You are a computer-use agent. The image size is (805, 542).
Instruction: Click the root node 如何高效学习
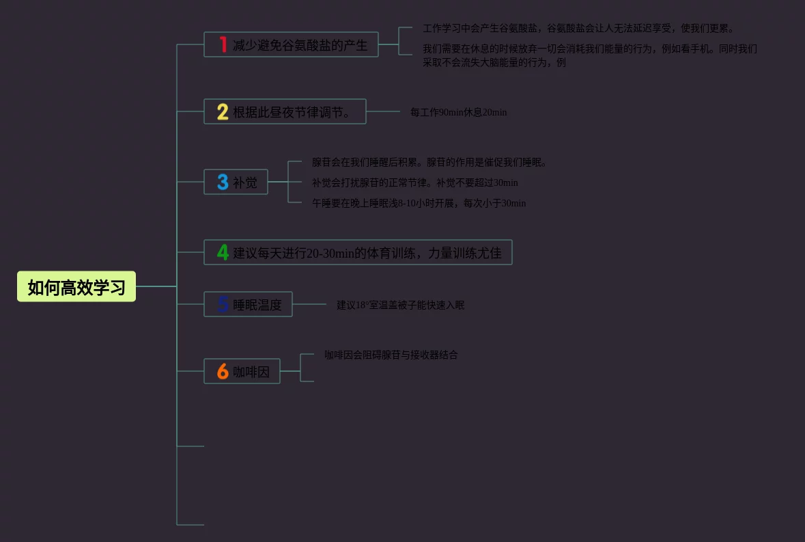76,287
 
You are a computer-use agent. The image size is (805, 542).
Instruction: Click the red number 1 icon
223,44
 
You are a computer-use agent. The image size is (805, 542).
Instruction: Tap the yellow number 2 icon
223,111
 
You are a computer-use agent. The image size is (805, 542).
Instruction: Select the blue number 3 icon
223,182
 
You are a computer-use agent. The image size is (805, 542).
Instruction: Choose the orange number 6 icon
223,371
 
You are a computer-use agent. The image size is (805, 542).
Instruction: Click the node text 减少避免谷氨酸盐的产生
300,45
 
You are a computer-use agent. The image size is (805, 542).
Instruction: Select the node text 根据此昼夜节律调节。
292,112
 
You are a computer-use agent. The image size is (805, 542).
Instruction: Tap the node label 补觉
245,182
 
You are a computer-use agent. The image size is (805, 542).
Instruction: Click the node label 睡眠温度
257,305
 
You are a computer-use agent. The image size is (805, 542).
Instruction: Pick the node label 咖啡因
251,372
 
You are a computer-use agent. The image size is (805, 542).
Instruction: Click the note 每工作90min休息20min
458,112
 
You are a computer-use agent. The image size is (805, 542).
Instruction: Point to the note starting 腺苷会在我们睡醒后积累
429,163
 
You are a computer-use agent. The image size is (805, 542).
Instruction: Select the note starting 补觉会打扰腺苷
414,182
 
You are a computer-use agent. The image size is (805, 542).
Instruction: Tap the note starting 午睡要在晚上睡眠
419,203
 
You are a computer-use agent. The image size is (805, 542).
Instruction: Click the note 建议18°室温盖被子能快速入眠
400,305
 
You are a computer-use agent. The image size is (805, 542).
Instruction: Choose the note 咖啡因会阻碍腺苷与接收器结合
391,355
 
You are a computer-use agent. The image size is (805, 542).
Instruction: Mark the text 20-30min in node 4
330,253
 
